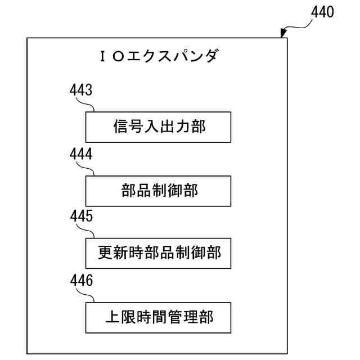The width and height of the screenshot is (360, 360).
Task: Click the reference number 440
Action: [x=322, y=12]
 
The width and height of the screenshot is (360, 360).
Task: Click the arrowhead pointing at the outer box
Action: [x=283, y=35]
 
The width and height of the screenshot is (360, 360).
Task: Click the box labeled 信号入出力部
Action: [x=158, y=127]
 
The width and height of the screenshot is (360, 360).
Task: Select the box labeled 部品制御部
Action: [x=158, y=191]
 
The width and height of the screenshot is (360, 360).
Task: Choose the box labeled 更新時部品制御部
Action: [x=158, y=253]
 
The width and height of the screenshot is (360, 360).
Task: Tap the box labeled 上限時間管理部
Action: [x=158, y=317]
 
